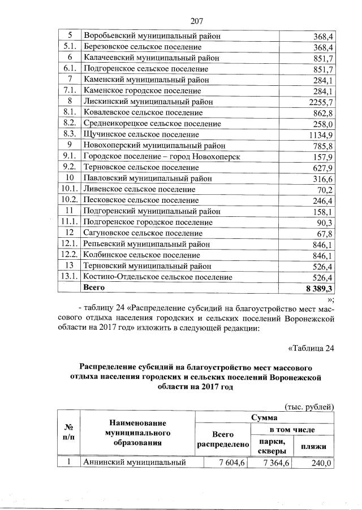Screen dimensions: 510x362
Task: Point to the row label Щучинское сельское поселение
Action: pos(141,134)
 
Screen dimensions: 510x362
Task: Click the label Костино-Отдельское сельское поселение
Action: pos(157,277)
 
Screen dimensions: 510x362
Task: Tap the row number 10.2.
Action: pos(70,200)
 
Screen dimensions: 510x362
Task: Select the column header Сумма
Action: pos(265,418)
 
